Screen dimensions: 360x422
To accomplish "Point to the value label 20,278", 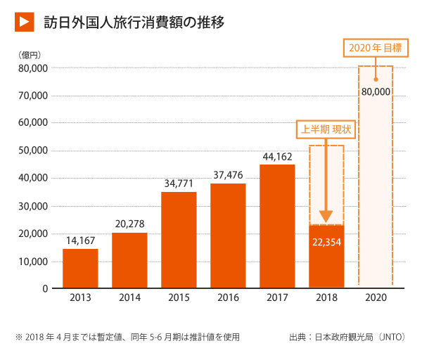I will click(129, 224).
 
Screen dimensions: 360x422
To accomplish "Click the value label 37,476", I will click(228, 175).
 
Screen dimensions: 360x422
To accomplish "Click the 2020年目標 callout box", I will click(376, 48).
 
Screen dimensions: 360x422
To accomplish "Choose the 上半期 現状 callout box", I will click(326, 129).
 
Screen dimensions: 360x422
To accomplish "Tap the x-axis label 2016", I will click(228, 298).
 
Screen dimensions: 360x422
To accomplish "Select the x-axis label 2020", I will click(376, 298).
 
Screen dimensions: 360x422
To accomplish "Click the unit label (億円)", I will click(30, 54).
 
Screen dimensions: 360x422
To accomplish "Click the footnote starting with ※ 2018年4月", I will click(127, 337).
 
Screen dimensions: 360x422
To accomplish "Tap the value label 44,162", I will click(277, 156).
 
